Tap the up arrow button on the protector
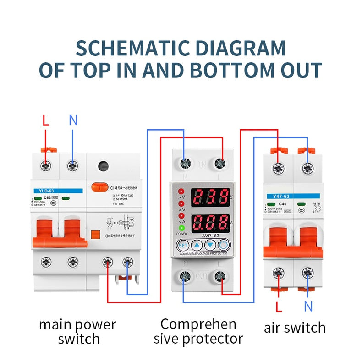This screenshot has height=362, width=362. point(196,245)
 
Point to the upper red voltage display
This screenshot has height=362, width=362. point(210,197)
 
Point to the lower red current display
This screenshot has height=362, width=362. point(210,223)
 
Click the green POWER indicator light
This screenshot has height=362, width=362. point(181,228)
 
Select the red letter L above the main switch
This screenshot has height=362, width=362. point(45,121)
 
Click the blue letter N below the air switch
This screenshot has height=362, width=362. point(308,306)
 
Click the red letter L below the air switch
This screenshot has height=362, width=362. point(278,306)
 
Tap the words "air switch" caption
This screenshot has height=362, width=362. point(295,328)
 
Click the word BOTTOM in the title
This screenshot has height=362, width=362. point(233,71)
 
